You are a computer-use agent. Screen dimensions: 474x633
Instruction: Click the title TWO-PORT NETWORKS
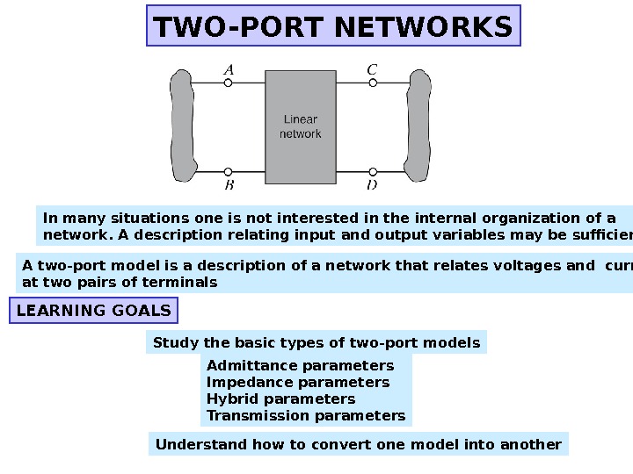click(333, 26)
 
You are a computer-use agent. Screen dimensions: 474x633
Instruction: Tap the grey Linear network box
click(301, 127)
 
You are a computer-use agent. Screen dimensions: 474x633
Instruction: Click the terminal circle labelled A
click(229, 83)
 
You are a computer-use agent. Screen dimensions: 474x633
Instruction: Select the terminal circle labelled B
click(229, 172)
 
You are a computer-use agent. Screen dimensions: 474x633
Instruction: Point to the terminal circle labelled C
click(373, 83)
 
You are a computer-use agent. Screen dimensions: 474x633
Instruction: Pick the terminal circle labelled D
click(373, 172)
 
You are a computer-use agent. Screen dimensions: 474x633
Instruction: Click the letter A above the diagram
click(229, 68)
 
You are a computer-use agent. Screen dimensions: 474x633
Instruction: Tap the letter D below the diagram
click(373, 185)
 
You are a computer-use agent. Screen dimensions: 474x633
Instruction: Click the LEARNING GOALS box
click(94, 311)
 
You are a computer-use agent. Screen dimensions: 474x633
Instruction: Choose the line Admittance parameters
click(300, 365)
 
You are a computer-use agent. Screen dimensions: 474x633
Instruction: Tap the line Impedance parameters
click(297, 382)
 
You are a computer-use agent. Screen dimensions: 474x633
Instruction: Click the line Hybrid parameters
click(280, 399)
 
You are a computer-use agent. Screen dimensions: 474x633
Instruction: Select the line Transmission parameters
click(306, 415)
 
